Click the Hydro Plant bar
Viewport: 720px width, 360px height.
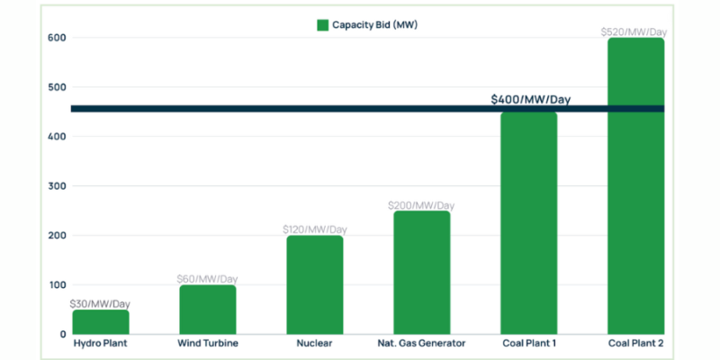click(101, 322)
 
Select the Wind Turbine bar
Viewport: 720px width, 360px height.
click(208, 310)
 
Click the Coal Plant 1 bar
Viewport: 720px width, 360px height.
click(528, 225)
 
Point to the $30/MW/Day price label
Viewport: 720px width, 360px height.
click(100, 303)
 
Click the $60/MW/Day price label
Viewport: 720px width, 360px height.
click(208, 279)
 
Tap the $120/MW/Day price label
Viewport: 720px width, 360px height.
click(315, 229)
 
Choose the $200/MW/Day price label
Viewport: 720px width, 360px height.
click(421, 205)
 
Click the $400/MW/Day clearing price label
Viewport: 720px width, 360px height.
click(531, 99)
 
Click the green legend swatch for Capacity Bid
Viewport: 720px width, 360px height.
click(322, 25)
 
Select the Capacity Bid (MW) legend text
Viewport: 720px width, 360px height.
click(374, 25)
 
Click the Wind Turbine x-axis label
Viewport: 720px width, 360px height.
click(208, 343)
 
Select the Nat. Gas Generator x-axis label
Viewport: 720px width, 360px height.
click(421, 343)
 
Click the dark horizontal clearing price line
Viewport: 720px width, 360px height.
click(270, 109)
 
